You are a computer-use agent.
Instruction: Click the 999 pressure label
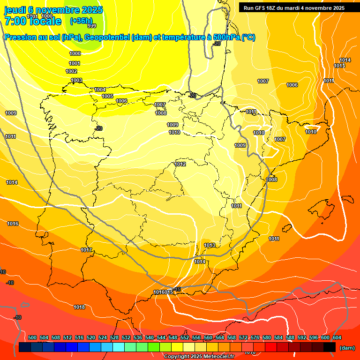tap(92, 26)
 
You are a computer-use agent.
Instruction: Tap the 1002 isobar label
tap(71, 71)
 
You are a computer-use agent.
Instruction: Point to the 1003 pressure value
tap(76, 80)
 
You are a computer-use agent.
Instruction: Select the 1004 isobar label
tap(100, 90)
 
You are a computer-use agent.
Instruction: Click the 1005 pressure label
tap(107, 96)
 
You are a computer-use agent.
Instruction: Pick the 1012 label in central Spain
tap(180, 164)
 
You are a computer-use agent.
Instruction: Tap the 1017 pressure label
tap(86, 250)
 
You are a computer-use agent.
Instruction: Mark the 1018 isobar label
tap(79, 307)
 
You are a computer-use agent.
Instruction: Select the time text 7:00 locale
tap(33, 21)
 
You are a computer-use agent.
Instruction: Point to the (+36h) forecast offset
tap(81, 21)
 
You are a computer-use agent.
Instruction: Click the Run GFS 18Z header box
tap(294, 7)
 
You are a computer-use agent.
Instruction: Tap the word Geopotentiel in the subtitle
tap(107, 37)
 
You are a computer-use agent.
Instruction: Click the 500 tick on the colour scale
tap(32, 337)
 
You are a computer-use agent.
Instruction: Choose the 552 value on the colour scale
tap(185, 337)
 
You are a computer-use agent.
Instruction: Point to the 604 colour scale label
tap(337, 337)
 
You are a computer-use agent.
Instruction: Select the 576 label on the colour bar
tap(255, 337)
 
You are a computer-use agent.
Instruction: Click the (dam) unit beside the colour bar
tap(347, 347)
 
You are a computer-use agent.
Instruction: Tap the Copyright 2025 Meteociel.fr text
tap(199, 356)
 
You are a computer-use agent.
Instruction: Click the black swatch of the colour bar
tap(330, 347)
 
